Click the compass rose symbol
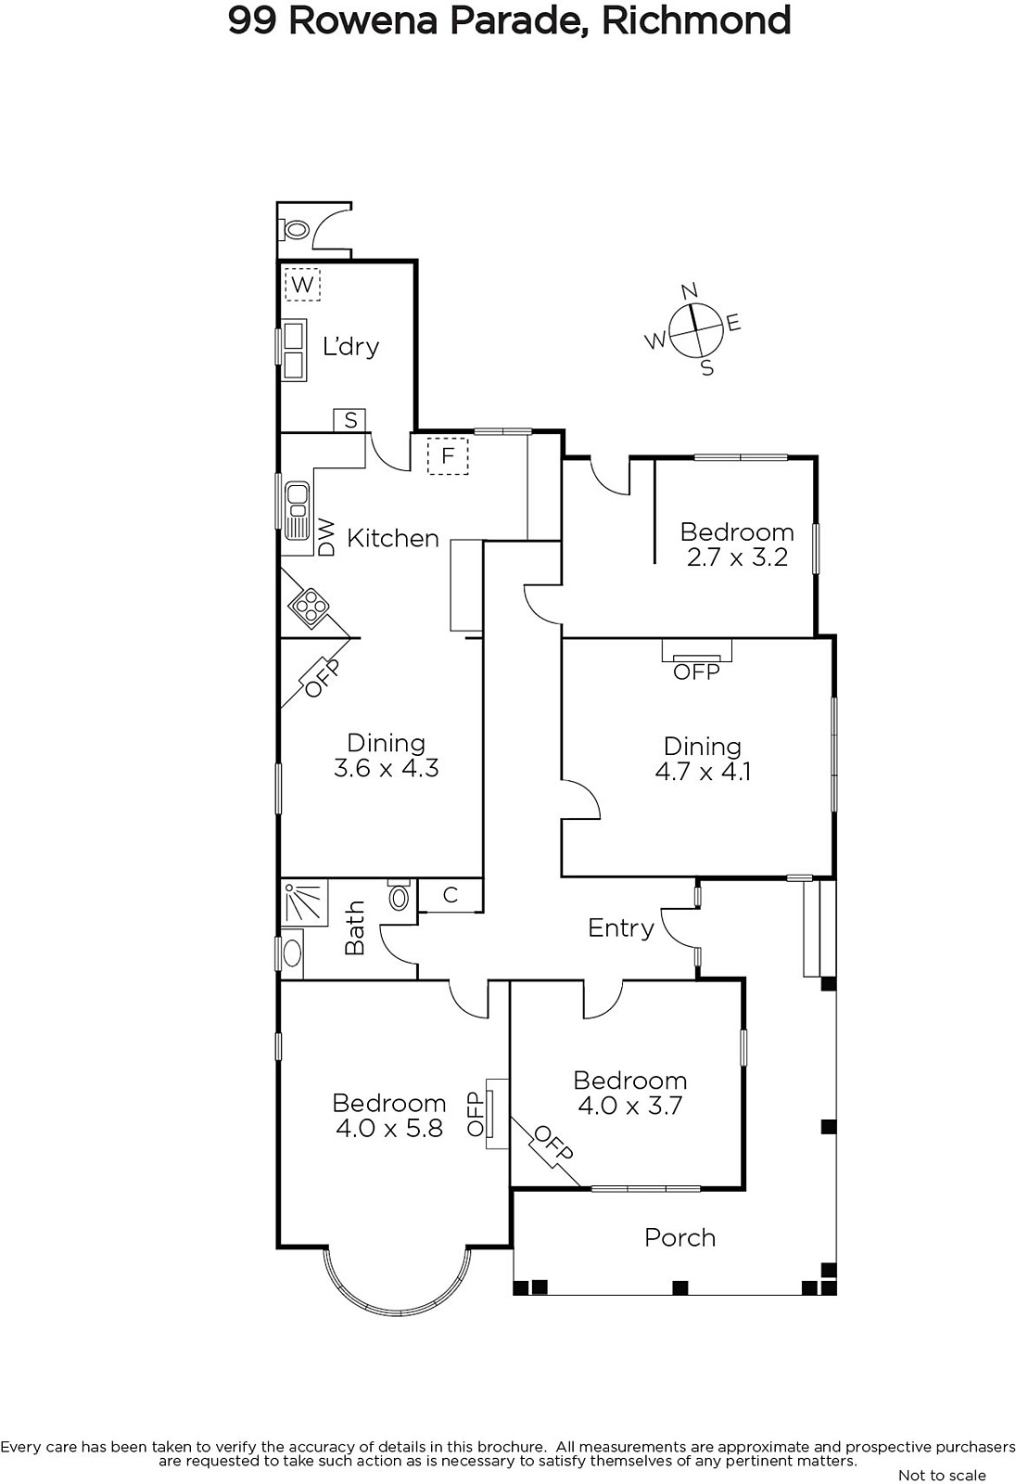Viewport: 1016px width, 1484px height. click(694, 329)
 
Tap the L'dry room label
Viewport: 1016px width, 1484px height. click(350, 347)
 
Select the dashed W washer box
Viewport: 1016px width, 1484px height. click(302, 284)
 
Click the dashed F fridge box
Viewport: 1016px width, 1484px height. click(448, 455)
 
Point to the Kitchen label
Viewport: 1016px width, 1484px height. click(393, 538)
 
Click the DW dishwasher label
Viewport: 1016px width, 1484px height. click(327, 537)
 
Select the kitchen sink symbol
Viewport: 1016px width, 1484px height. click(297, 510)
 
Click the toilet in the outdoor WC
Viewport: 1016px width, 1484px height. click(296, 230)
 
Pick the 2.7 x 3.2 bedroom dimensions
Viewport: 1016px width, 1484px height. click(736, 557)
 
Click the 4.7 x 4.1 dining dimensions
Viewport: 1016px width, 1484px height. click(703, 772)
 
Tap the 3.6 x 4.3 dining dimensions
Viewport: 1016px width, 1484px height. click(387, 769)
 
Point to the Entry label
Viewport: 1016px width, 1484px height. click(620, 928)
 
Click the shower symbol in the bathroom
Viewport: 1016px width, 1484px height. click(304, 902)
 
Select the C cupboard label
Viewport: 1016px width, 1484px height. click(451, 895)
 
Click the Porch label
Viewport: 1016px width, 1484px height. click(680, 1237)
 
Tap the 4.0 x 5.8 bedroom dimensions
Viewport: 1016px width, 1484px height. click(388, 1128)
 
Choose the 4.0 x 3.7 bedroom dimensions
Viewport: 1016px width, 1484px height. click(629, 1105)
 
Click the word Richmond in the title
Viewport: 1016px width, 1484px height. click(696, 20)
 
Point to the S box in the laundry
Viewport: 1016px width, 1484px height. click(350, 420)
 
